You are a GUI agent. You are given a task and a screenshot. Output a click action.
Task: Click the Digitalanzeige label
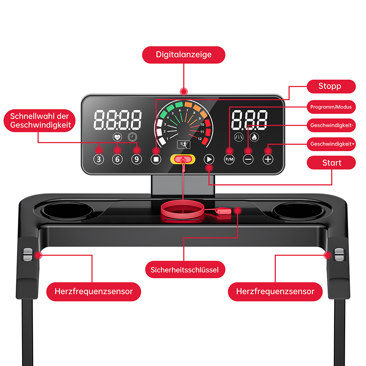[x=184, y=55]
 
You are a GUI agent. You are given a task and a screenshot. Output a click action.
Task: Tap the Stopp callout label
[x=331, y=86]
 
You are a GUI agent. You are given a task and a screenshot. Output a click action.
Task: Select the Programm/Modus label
[x=331, y=107]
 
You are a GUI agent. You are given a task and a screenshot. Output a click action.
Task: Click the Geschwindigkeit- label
[x=331, y=125]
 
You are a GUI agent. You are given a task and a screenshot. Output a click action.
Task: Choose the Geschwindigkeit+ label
[x=331, y=144]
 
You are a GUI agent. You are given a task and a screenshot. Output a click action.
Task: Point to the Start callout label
[x=331, y=163]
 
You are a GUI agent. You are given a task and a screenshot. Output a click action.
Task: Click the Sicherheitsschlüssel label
[x=185, y=270]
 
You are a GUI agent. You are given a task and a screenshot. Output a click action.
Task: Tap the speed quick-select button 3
[x=99, y=159]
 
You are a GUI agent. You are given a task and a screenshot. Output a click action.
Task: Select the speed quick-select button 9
[x=137, y=159]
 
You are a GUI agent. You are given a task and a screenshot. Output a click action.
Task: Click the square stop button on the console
[x=156, y=159]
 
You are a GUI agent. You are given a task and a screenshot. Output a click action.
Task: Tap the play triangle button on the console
[x=209, y=159]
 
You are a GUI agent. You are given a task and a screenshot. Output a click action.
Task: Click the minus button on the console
[x=248, y=160]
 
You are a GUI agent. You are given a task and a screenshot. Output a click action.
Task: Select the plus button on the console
[x=268, y=160]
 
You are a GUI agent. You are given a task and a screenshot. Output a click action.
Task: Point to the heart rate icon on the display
[x=117, y=137]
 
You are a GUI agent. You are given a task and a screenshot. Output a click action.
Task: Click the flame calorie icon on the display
[x=254, y=137]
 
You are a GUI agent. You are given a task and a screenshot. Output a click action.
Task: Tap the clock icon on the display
[x=132, y=137]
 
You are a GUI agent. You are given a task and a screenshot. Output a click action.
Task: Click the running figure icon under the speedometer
[x=184, y=145]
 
